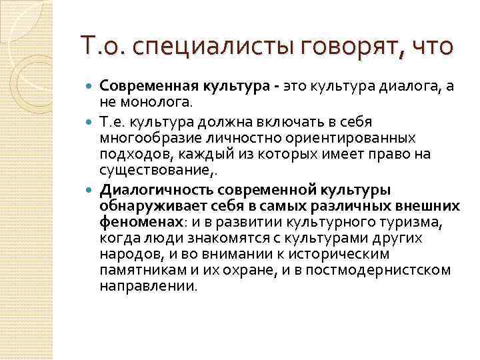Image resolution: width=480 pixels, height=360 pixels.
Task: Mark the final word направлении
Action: pos(148,286)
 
